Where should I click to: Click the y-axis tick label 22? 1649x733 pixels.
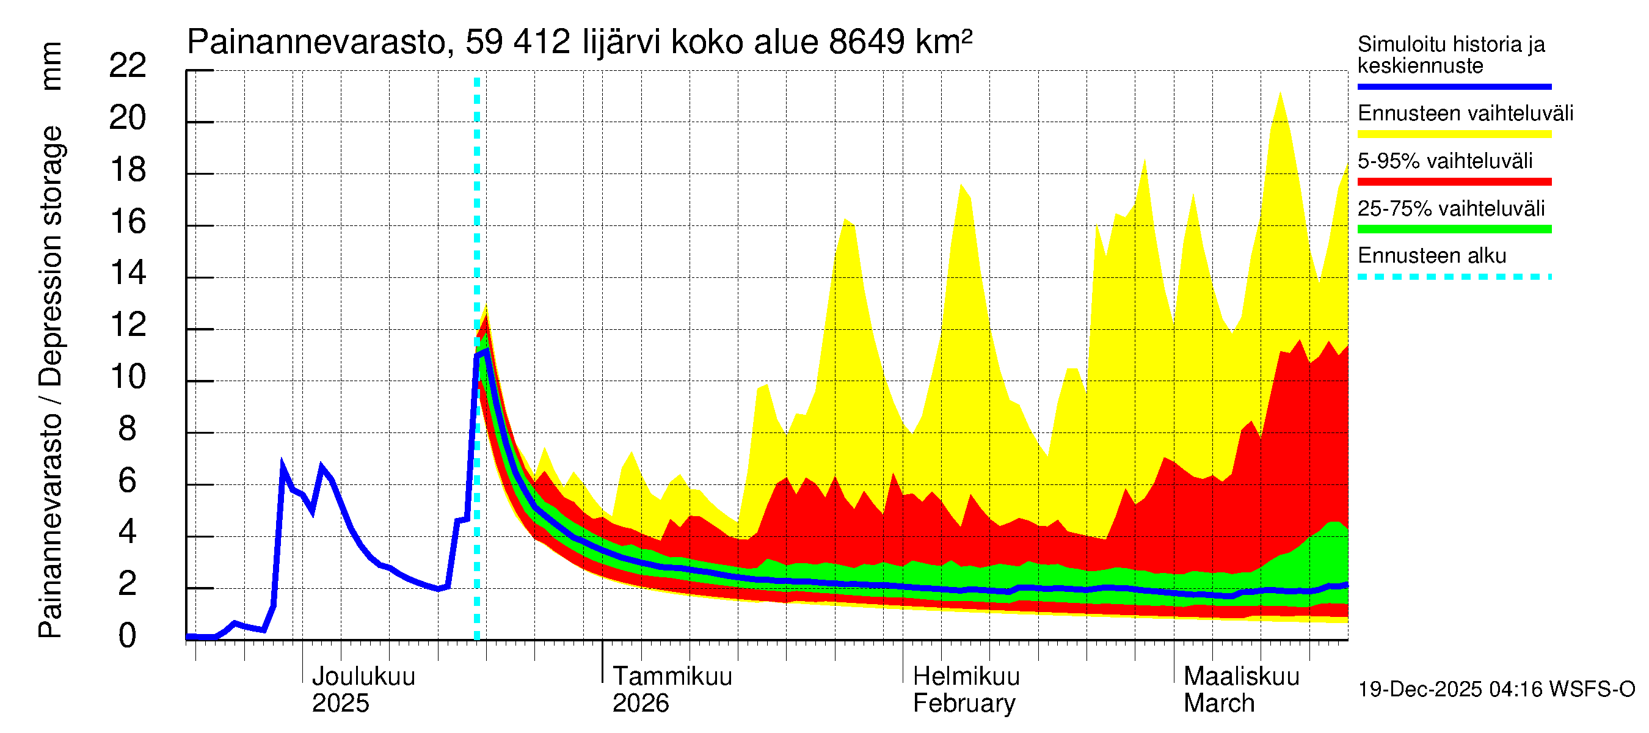pos(128,65)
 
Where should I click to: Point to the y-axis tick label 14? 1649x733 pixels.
pos(128,274)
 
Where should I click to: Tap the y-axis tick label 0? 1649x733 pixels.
pos(128,636)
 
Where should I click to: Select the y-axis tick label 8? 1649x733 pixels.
pos(128,428)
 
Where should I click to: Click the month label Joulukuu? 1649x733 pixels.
pos(363,676)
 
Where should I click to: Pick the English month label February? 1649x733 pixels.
pos(963,703)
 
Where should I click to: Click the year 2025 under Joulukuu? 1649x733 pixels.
pos(340,703)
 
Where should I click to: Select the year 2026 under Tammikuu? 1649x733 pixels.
pos(640,703)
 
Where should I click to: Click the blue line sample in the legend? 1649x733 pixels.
pos(1454,86)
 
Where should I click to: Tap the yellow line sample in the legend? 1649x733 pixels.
pos(1454,134)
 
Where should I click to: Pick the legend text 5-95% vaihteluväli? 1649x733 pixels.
pos(1445,161)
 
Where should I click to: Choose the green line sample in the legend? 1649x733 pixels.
pos(1454,229)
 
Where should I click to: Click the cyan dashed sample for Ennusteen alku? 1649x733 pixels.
pos(1454,277)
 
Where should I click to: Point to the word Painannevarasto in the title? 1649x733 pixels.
pos(316,42)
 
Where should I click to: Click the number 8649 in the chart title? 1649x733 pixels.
pos(866,42)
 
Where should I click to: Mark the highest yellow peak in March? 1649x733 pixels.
pos(1280,93)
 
